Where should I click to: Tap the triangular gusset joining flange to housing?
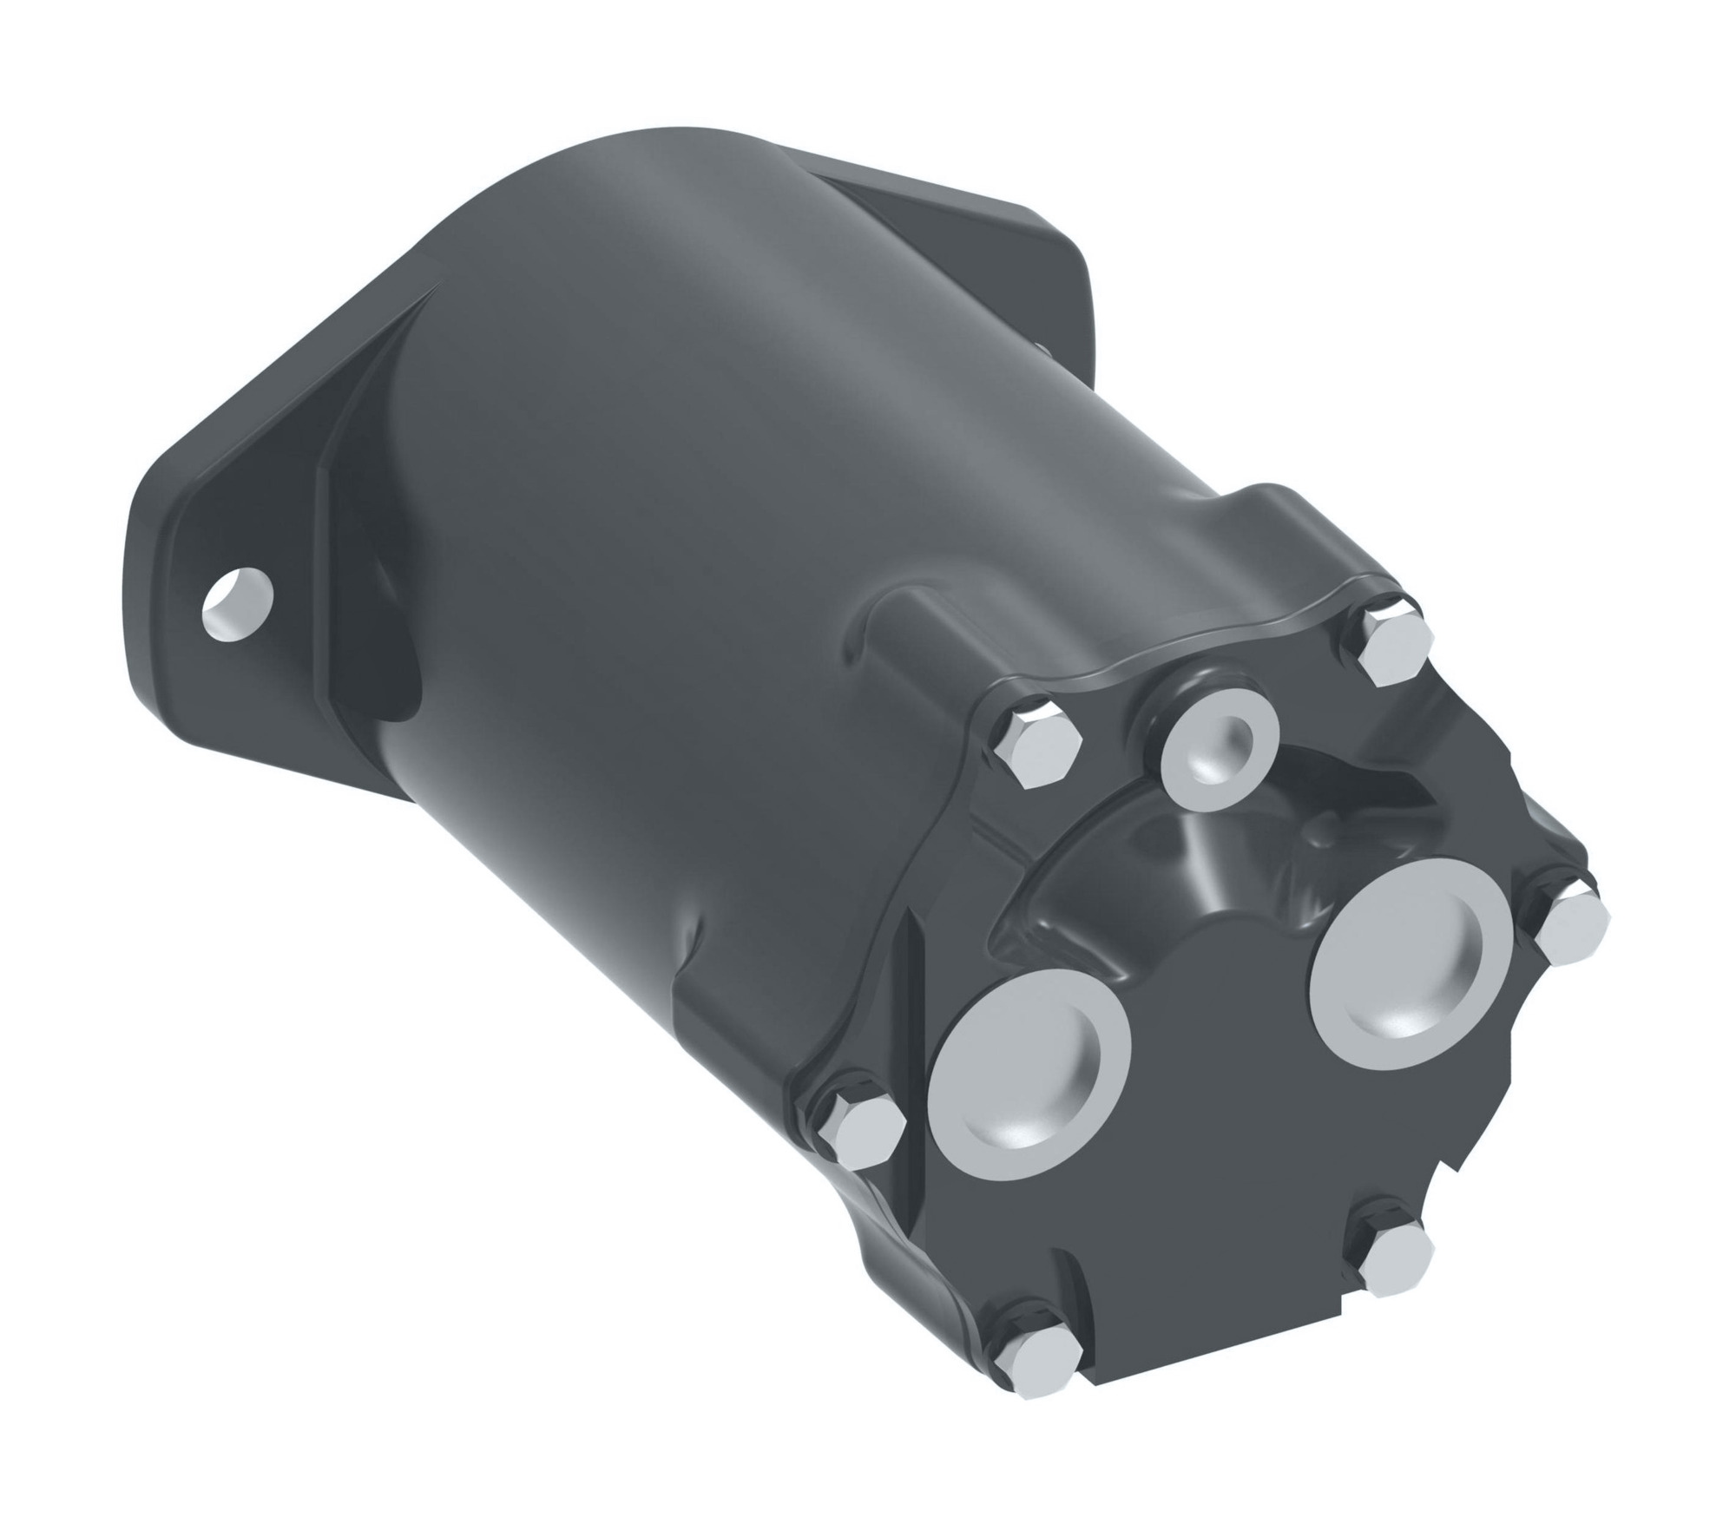[365, 538]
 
